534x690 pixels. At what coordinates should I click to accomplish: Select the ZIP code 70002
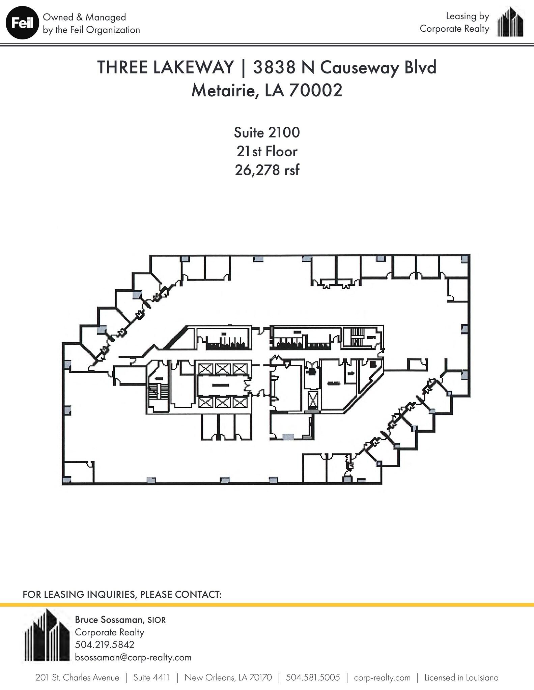[x=316, y=90]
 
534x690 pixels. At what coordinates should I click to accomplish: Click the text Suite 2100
[x=267, y=132]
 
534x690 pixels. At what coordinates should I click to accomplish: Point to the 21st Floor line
[x=267, y=151]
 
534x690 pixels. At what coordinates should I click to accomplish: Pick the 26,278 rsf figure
[x=267, y=170]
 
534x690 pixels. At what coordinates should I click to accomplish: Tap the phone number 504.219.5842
[x=105, y=644]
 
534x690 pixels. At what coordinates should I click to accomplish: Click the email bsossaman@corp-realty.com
[x=133, y=657]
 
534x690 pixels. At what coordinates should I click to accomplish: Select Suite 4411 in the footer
[x=151, y=678]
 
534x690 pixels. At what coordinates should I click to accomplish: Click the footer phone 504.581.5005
[x=313, y=678]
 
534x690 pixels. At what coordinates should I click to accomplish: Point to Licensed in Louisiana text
[x=461, y=678]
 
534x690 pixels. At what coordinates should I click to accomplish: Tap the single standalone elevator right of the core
[x=313, y=401]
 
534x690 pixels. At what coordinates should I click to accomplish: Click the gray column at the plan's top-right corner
[x=465, y=259]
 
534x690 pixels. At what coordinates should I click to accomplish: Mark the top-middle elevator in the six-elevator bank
[x=223, y=369]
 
